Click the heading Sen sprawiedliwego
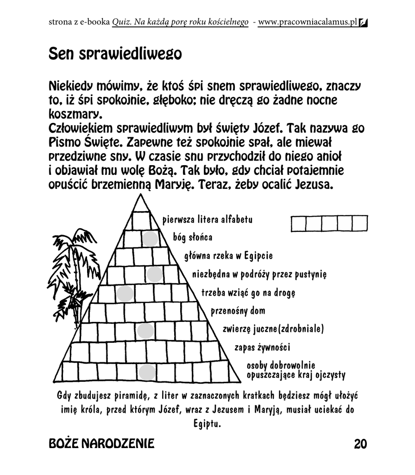coord(115,54)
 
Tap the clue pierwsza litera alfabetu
coord(207,219)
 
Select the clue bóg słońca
coord(193,237)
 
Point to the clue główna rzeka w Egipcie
coord(228,256)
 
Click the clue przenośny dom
coord(238,311)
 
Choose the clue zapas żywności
coord(262,347)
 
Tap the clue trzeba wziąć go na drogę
coord(248,293)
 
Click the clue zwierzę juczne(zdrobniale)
coord(273,329)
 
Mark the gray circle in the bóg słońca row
coord(150,238)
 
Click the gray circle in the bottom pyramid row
coord(148,372)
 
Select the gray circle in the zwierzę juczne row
coord(145,331)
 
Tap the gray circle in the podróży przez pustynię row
coord(153,275)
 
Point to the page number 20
coord(360,444)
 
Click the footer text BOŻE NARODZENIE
coord(101,444)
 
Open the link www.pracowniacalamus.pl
coord(308,22)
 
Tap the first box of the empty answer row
coord(299,223)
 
